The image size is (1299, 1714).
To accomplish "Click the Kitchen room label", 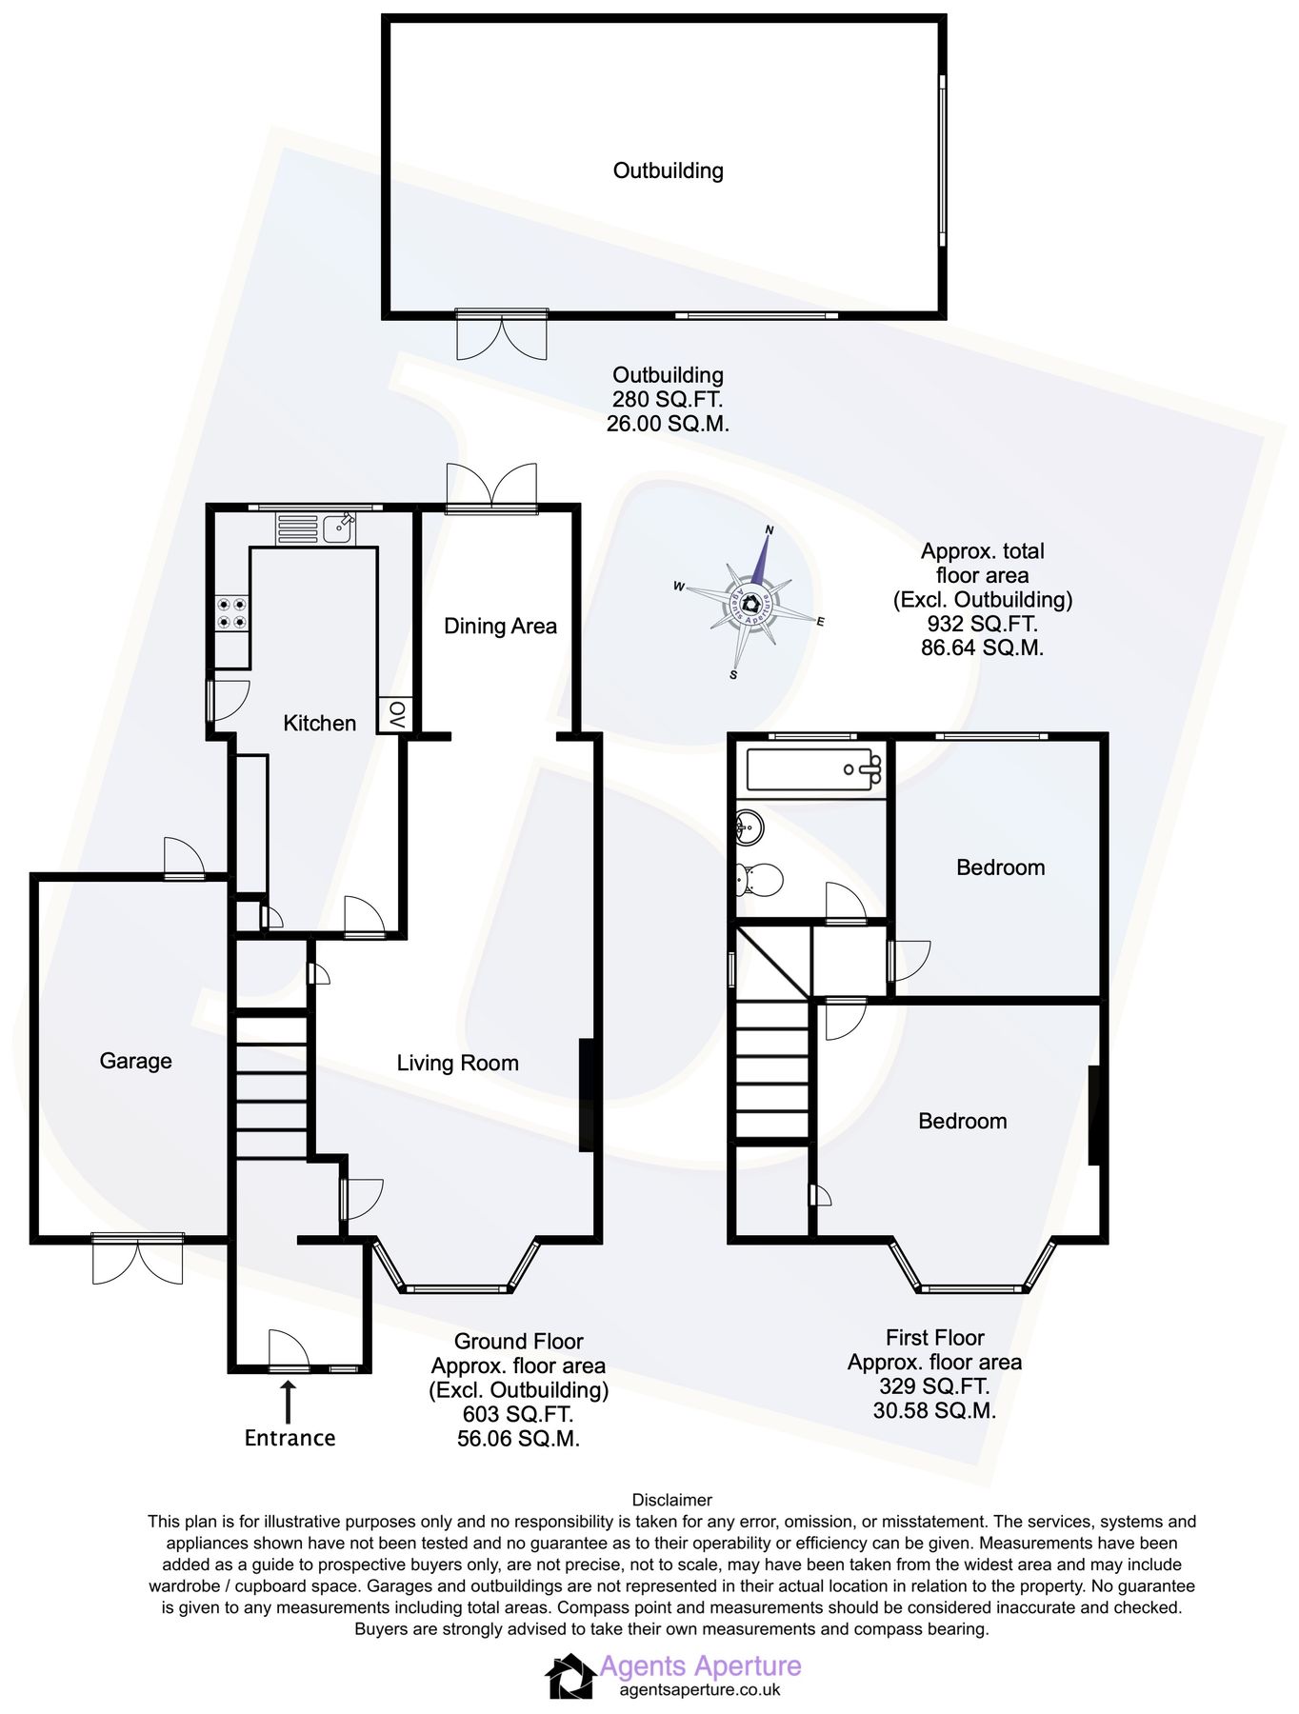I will click(319, 723).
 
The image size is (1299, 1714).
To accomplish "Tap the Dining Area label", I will click(500, 626).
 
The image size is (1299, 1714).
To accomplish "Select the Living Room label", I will click(457, 1063).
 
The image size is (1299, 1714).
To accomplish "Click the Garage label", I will click(135, 1061).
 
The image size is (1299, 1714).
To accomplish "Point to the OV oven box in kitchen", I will click(396, 714).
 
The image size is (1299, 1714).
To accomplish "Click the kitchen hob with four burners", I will click(231, 613).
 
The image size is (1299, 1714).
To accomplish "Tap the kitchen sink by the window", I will click(338, 528).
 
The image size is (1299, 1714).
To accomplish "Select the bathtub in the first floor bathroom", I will click(813, 769).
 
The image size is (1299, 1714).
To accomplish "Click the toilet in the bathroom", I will click(759, 879).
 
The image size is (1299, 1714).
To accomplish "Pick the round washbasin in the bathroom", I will click(749, 826).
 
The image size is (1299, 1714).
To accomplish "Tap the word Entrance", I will click(290, 1438).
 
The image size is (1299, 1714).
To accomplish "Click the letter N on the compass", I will click(769, 530).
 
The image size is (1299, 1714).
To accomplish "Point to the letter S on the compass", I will click(733, 674).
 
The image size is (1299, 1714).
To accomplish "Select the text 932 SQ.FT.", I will click(982, 624).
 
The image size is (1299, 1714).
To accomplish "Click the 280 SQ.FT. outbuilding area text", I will click(668, 399).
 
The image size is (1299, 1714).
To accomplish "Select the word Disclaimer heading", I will click(671, 1500).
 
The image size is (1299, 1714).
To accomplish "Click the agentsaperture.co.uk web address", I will click(700, 1689).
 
